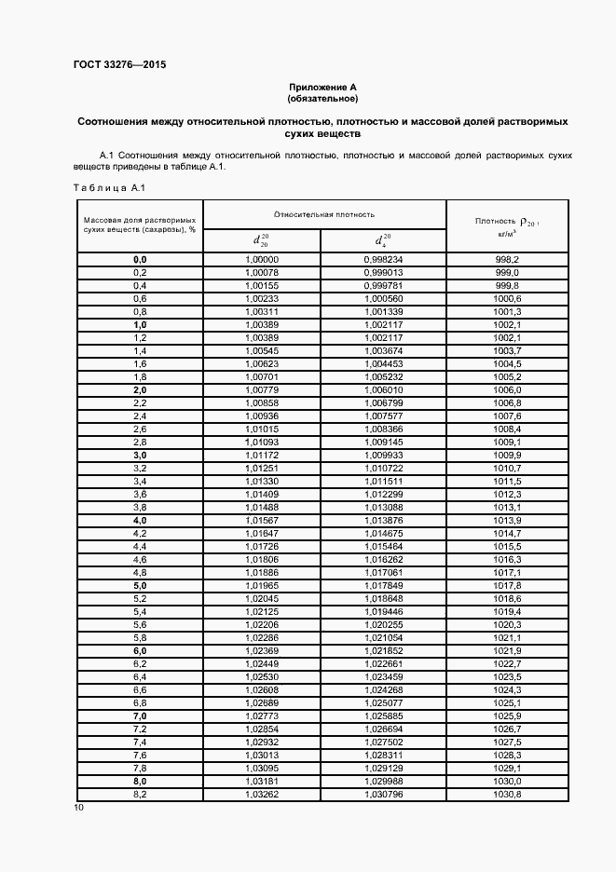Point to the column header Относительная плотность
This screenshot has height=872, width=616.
tap(324, 213)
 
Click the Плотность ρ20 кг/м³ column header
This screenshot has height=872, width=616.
tap(507, 225)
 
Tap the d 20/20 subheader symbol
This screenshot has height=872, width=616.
tap(262, 239)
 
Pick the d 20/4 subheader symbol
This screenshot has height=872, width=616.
tap(383, 239)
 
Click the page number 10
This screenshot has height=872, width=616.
tap(78, 808)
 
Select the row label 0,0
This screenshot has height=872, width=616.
tap(140, 259)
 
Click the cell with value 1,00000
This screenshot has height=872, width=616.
tap(262, 259)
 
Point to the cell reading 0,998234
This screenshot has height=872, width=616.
tap(383, 259)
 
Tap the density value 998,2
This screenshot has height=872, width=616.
tap(507, 259)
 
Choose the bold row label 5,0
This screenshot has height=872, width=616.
tap(140, 584)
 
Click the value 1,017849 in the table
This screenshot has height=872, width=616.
tap(383, 584)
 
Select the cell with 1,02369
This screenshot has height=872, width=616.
tap(262, 649)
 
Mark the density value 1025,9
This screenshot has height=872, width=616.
tap(507, 715)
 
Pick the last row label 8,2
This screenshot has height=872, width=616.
tap(140, 793)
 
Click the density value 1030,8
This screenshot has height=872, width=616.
tap(507, 793)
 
